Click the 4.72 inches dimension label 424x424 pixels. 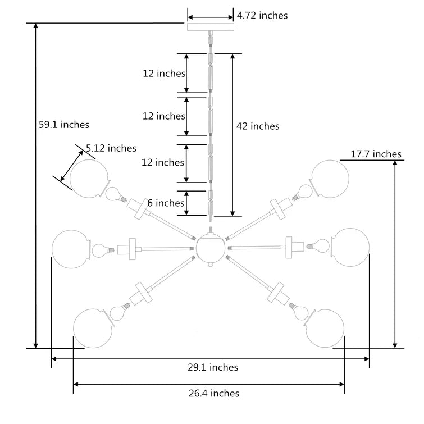pos(262,15)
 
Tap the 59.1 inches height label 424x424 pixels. pos(64,125)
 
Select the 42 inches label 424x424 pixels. pos(258,126)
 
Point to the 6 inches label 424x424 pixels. pos(166,203)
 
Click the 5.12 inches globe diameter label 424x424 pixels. pos(111,148)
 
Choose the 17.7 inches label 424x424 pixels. pos(376,154)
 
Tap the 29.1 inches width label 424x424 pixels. pos(213,367)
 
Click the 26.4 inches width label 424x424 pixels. pos(214,393)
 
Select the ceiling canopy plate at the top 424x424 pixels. pos(211,27)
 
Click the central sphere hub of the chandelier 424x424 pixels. pos(211,248)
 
